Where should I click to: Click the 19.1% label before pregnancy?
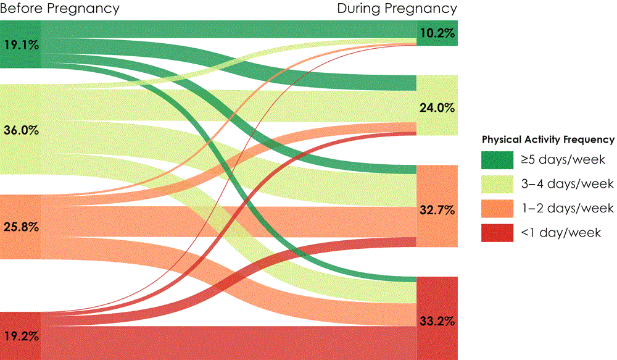(x=20, y=44)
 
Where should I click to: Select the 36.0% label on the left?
(x=20, y=130)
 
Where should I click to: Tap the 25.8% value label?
(x=20, y=227)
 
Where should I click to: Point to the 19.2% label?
(x=20, y=337)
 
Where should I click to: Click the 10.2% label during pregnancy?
(x=437, y=34)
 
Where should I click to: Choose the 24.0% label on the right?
(x=437, y=107)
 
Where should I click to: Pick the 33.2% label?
(x=437, y=322)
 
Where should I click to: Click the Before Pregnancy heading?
(x=60, y=9)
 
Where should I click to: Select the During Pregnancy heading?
(x=397, y=9)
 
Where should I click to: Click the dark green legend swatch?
(x=497, y=160)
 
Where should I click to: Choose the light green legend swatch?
(x=497, y=184)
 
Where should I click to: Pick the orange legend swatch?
(x=497, y=208)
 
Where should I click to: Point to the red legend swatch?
(x=497, y=232)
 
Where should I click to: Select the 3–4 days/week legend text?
(x=567, y=184)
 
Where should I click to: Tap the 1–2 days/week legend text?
(x=567, y=208)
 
